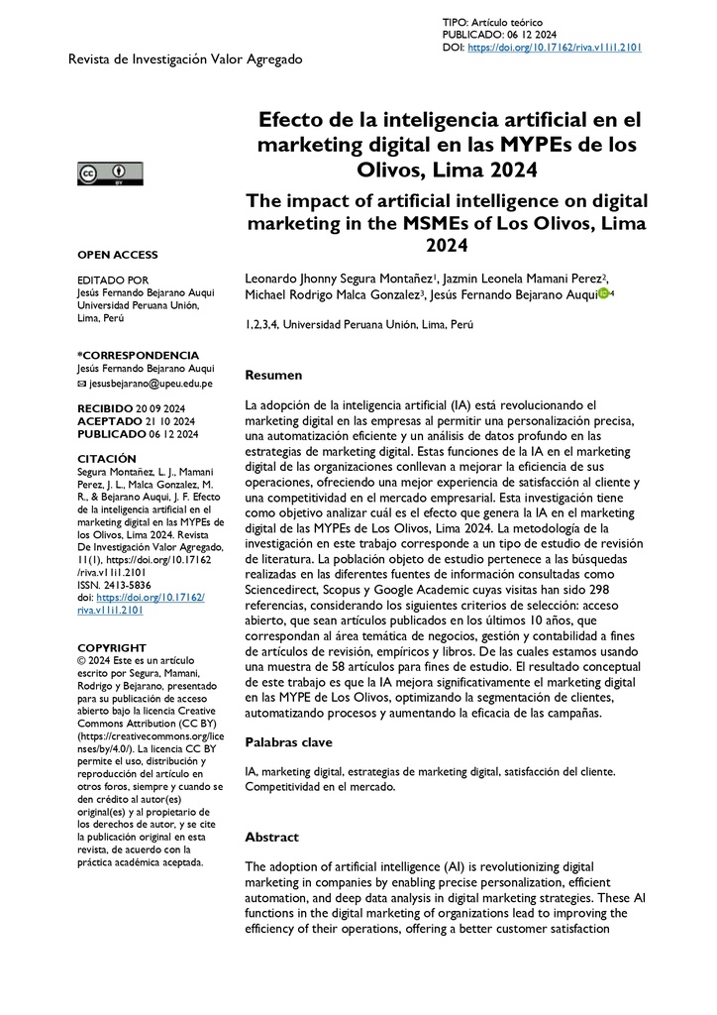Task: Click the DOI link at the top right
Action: tap(555, 47)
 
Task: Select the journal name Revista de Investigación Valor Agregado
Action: tap(184, 59)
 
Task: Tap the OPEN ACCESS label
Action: tap(117, 255)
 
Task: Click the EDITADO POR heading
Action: tap(112, 281)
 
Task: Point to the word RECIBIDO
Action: tap(104, 408)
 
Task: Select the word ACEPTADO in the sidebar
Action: tap(105, 421)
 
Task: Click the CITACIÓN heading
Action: tap(106, 459)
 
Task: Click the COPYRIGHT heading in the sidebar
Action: tap(111, 647)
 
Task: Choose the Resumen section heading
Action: tap(273, 376)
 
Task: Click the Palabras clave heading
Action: tap(288, 741)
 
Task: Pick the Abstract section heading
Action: tap(271, 837)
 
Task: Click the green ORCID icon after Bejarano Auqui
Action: tap(603, 293)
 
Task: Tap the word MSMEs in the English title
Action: tap(438, 221)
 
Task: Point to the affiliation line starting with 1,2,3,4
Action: tap(358, 324)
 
